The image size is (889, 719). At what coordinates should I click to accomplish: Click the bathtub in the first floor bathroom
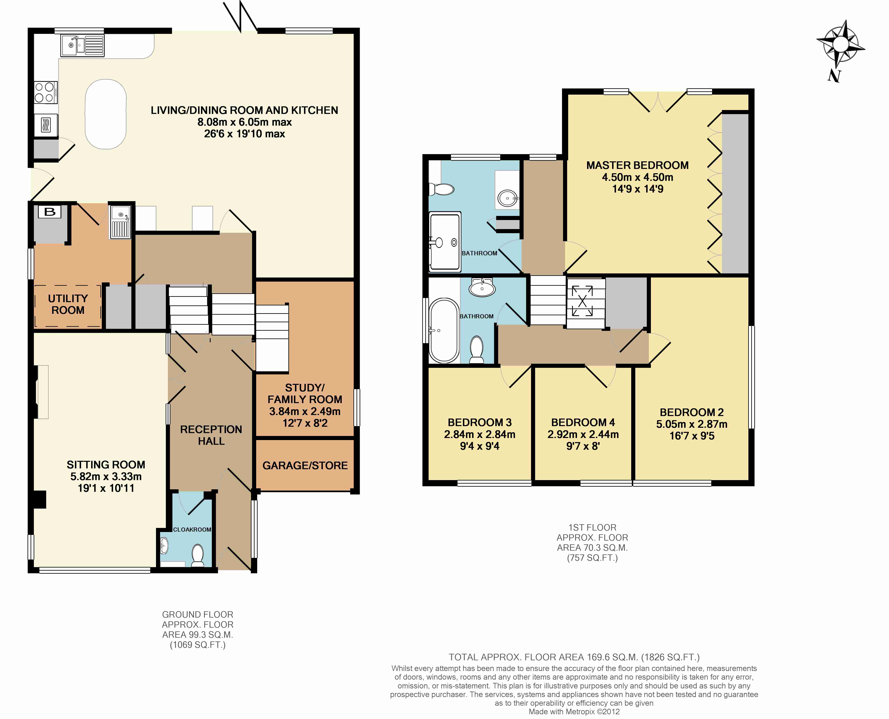444,330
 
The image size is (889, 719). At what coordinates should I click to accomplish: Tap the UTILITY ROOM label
68,304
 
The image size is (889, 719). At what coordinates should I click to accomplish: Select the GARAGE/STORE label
305,466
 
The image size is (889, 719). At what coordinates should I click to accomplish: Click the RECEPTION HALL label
211,435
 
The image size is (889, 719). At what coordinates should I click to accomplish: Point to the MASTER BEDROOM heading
638,165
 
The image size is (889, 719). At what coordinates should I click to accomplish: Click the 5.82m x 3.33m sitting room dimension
106,477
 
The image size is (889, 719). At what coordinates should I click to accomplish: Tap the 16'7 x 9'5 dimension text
692,436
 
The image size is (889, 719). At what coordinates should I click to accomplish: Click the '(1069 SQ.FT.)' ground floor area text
198,645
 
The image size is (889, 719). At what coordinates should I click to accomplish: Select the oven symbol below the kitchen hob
46,125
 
